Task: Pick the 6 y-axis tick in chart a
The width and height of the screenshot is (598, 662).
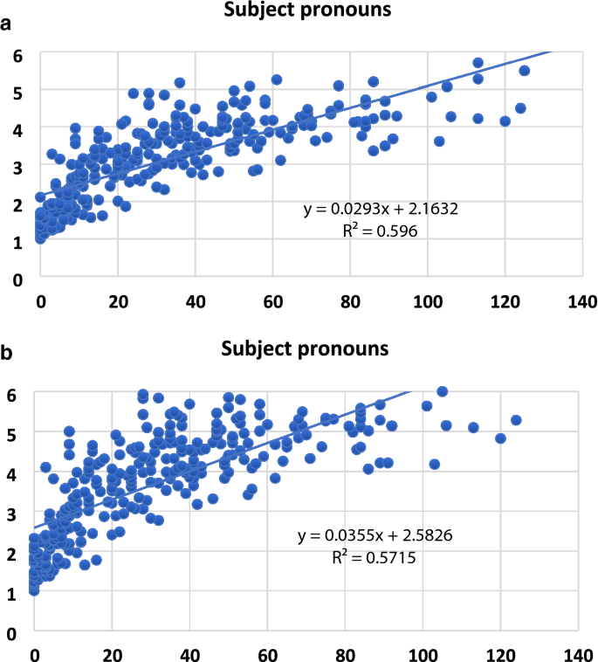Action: [x=17, y=54]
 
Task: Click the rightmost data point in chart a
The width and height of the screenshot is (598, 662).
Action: [x=525, y=71]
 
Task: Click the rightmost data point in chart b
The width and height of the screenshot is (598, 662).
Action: [x=515, y=420]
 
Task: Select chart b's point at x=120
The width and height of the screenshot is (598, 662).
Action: [x=500, y=438]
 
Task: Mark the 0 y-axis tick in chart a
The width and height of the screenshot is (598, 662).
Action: [x=17, y=279]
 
